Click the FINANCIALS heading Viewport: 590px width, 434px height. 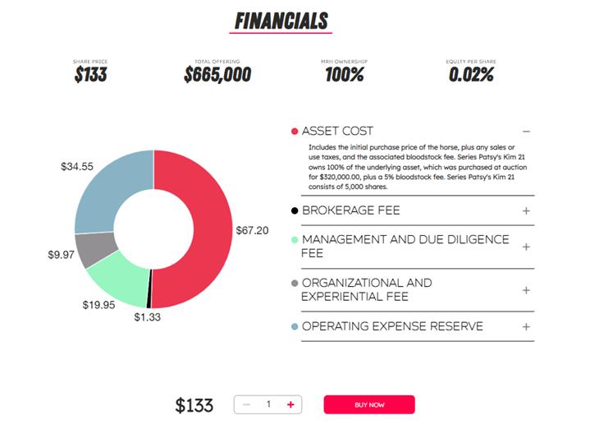pyautogui.click(x=281, y=21)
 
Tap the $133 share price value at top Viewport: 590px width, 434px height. pyautogui.click(x=90, y=75)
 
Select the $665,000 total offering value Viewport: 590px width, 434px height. pyautogui.click(x=217, y=75)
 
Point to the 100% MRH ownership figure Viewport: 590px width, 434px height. pyautogui.click(x=344, y=75)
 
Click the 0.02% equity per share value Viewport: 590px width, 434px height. pyautogui.click(x=471, y=75)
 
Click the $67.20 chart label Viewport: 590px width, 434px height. pyautogui.click(x=252, y=230)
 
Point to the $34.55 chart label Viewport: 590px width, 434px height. pyautogui.click(x=77, y=166)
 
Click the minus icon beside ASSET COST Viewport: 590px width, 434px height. pyautogui.click(x=526, y=132)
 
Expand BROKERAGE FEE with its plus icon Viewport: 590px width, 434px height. pyautogui.click(x=526, y=210)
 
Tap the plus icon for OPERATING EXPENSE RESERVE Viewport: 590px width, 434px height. pyautogui.click(x=526, y=326)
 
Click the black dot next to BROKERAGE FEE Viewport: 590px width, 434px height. pyautogui.click(x=295, y=211)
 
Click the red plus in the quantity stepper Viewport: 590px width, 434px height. pyautogui.click(x=290, y=404)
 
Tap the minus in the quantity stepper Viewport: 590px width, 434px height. pyautogui.click(x=246, y=404)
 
